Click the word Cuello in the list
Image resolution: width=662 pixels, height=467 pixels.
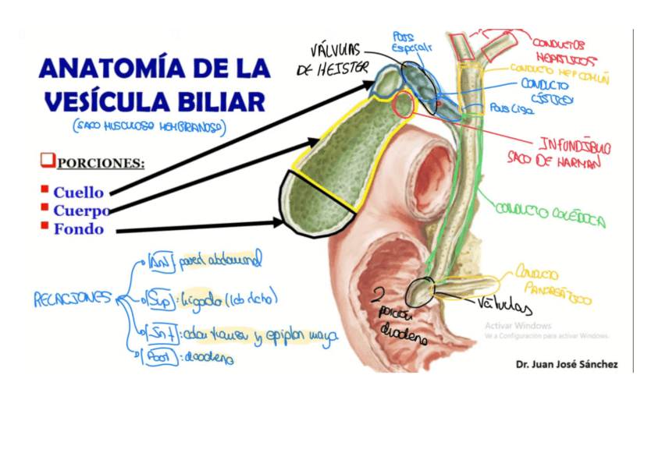click(78, 192)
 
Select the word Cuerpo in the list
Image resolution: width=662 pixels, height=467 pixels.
click(81, 211)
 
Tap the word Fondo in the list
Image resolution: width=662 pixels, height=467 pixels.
click(79, 229)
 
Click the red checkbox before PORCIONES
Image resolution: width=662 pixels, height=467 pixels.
click(48, 162)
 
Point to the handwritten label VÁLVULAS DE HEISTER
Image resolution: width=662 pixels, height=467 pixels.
click(332, 59)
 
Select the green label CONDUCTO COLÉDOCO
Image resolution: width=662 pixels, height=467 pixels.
click(550, 216)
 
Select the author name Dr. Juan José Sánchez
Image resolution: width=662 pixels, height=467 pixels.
click(566, 363)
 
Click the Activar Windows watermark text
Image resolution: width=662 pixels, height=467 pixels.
click(517, 325)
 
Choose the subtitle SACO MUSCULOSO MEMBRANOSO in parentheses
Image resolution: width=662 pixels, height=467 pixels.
click(149, 126)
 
